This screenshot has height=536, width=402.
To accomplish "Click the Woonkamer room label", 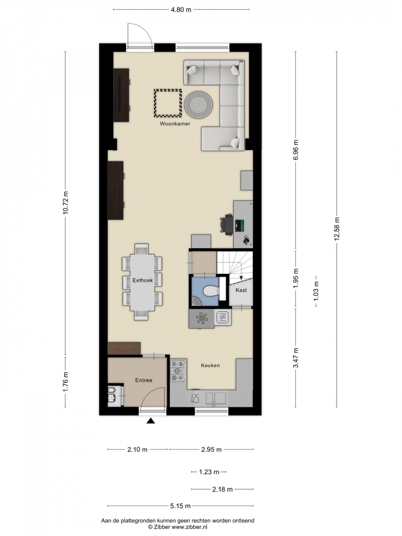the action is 175,124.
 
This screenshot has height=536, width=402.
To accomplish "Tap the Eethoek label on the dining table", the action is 143,280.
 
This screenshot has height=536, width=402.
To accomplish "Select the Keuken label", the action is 210,366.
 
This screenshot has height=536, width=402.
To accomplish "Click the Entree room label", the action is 144,380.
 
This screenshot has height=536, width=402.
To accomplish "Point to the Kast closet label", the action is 241,290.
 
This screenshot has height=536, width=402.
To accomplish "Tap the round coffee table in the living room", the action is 198,105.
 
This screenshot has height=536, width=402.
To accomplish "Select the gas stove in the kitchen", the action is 178,370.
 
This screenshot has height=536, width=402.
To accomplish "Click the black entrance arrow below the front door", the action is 151,421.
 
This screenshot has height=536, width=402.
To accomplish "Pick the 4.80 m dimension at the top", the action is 181,10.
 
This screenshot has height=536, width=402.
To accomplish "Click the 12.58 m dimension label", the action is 337,229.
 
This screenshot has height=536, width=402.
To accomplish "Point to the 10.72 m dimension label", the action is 65,203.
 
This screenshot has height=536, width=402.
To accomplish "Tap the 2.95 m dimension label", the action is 212,450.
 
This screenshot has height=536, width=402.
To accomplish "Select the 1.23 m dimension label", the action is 209,472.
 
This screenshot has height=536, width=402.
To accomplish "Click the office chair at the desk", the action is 227,224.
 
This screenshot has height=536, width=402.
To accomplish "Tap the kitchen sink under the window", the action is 216,398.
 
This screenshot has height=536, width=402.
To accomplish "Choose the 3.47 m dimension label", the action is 296,358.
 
